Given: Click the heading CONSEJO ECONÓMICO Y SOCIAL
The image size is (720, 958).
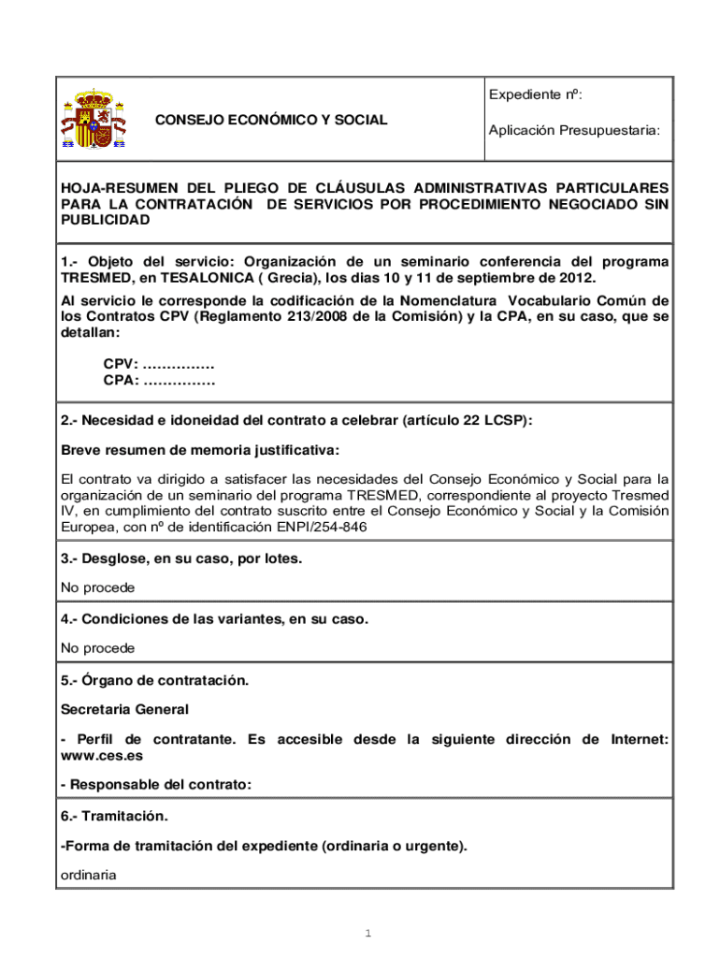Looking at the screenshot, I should pyautogui.click(x=271, y=121).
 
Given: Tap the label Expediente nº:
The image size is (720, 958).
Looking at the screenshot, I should pyautogui.click(x=536, y=94).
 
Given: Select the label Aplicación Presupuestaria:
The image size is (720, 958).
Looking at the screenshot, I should pyautogui.click(x=573, y=132).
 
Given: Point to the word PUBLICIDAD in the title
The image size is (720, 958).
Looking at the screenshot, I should pyautogui.click(x=105, y=220).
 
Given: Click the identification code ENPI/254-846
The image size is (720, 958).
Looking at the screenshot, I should pyautogui.click(x=315, y=528).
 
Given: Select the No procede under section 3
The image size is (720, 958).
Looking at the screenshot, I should pyautogui.click(x=97, y=588).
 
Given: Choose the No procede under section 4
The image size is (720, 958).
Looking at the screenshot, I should pyautogui.click(x=97, y=648).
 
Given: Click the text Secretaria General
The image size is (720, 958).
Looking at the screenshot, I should pyautogui.click(x=124, y=710).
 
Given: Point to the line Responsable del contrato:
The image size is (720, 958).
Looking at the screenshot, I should pyautogui.click(x=156, y=785).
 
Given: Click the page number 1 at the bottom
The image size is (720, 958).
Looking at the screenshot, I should pyautogui.click(x=368, y=934).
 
